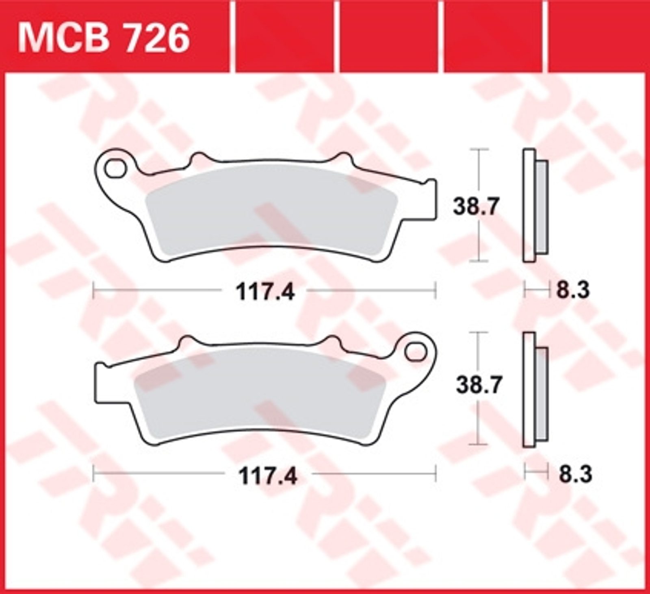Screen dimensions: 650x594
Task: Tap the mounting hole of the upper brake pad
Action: tap(115, 168)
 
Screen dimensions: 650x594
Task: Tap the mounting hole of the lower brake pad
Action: tap(415, 353)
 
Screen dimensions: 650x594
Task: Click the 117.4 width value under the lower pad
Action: tap(268, 476)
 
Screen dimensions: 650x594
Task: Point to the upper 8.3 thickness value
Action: tap(573, 291)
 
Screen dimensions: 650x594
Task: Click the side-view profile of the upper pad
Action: tap(535, 206)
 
